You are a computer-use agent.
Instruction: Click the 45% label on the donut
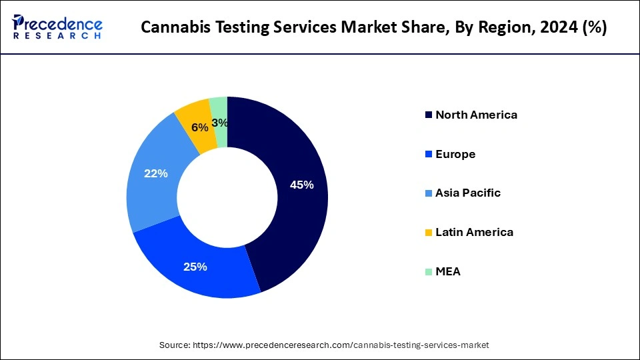tap(301, 185)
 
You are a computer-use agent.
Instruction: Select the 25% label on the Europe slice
tap(195, 267)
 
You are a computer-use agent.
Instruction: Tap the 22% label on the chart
tap(156, 173)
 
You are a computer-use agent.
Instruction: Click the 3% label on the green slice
tap(220, 123)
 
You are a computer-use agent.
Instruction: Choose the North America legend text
tap(476, 115)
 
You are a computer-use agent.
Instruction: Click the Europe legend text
tap(455, 154)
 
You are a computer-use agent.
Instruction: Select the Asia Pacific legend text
tap(468, 193)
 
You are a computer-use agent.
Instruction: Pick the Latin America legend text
tap(474, 232)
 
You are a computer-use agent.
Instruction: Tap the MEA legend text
tap(448, 271)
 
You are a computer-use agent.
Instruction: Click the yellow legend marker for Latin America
tap(428, 233)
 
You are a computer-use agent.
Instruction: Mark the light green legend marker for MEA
tap(428, 272)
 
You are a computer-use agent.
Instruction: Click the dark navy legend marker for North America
tap(428, 115)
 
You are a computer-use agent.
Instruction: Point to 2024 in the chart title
tap(558, 28)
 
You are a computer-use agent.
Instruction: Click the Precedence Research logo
tap(57, 27)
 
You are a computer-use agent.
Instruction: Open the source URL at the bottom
tap(341, 345)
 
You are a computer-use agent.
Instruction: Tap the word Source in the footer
tap(174, 345)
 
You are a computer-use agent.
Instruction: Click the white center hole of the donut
tap(227, 197)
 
